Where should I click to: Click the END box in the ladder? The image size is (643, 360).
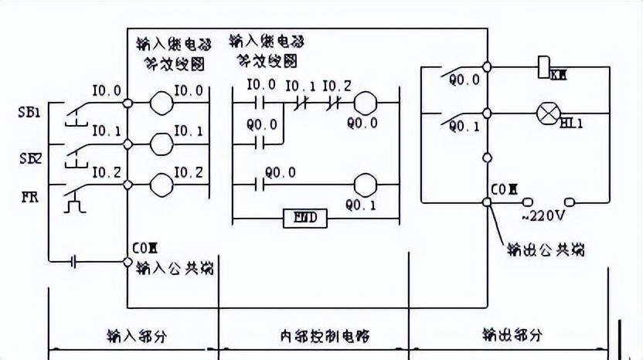306,219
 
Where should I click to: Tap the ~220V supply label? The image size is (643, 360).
536,218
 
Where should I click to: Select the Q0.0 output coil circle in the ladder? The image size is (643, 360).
365,100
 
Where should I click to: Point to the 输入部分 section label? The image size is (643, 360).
135,336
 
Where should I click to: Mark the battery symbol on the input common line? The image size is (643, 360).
74,261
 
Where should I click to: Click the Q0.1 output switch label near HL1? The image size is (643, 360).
464,126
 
